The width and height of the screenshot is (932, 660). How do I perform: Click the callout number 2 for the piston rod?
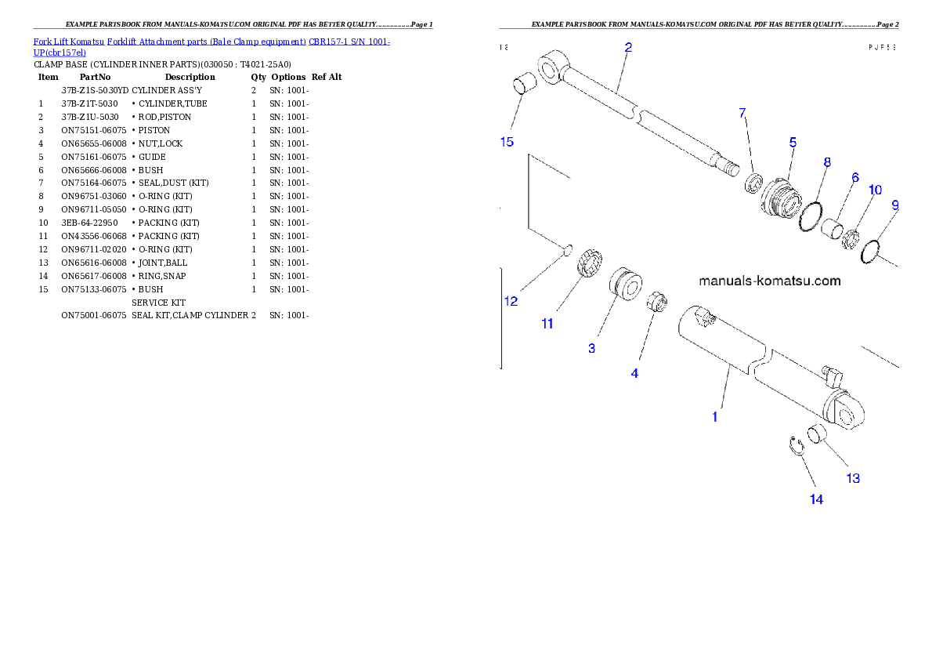(628, 47)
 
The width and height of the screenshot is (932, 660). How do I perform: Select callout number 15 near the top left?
(507, 142)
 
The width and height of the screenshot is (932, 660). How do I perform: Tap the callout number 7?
(742, 114)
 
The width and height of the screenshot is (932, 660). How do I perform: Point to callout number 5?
(793, 143)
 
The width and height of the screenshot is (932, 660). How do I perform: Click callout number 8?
(827, 162)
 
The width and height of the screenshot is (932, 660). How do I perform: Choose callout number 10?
(875, 190)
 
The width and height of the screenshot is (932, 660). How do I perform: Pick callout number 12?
(511, 301)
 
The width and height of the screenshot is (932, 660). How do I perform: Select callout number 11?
(547, 323)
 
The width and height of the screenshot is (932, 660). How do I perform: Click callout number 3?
(591, 348)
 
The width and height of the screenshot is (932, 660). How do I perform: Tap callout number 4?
(634, 374)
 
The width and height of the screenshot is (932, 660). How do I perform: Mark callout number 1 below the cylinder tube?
(714, 417)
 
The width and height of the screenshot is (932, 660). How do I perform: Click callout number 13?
(852, 478)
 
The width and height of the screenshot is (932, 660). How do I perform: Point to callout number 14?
(816, 499)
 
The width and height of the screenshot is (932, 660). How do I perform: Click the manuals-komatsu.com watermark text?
(769, 281)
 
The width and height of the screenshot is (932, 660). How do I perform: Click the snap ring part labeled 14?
(795, 445)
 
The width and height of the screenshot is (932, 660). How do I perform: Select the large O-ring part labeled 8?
(811, 216)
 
